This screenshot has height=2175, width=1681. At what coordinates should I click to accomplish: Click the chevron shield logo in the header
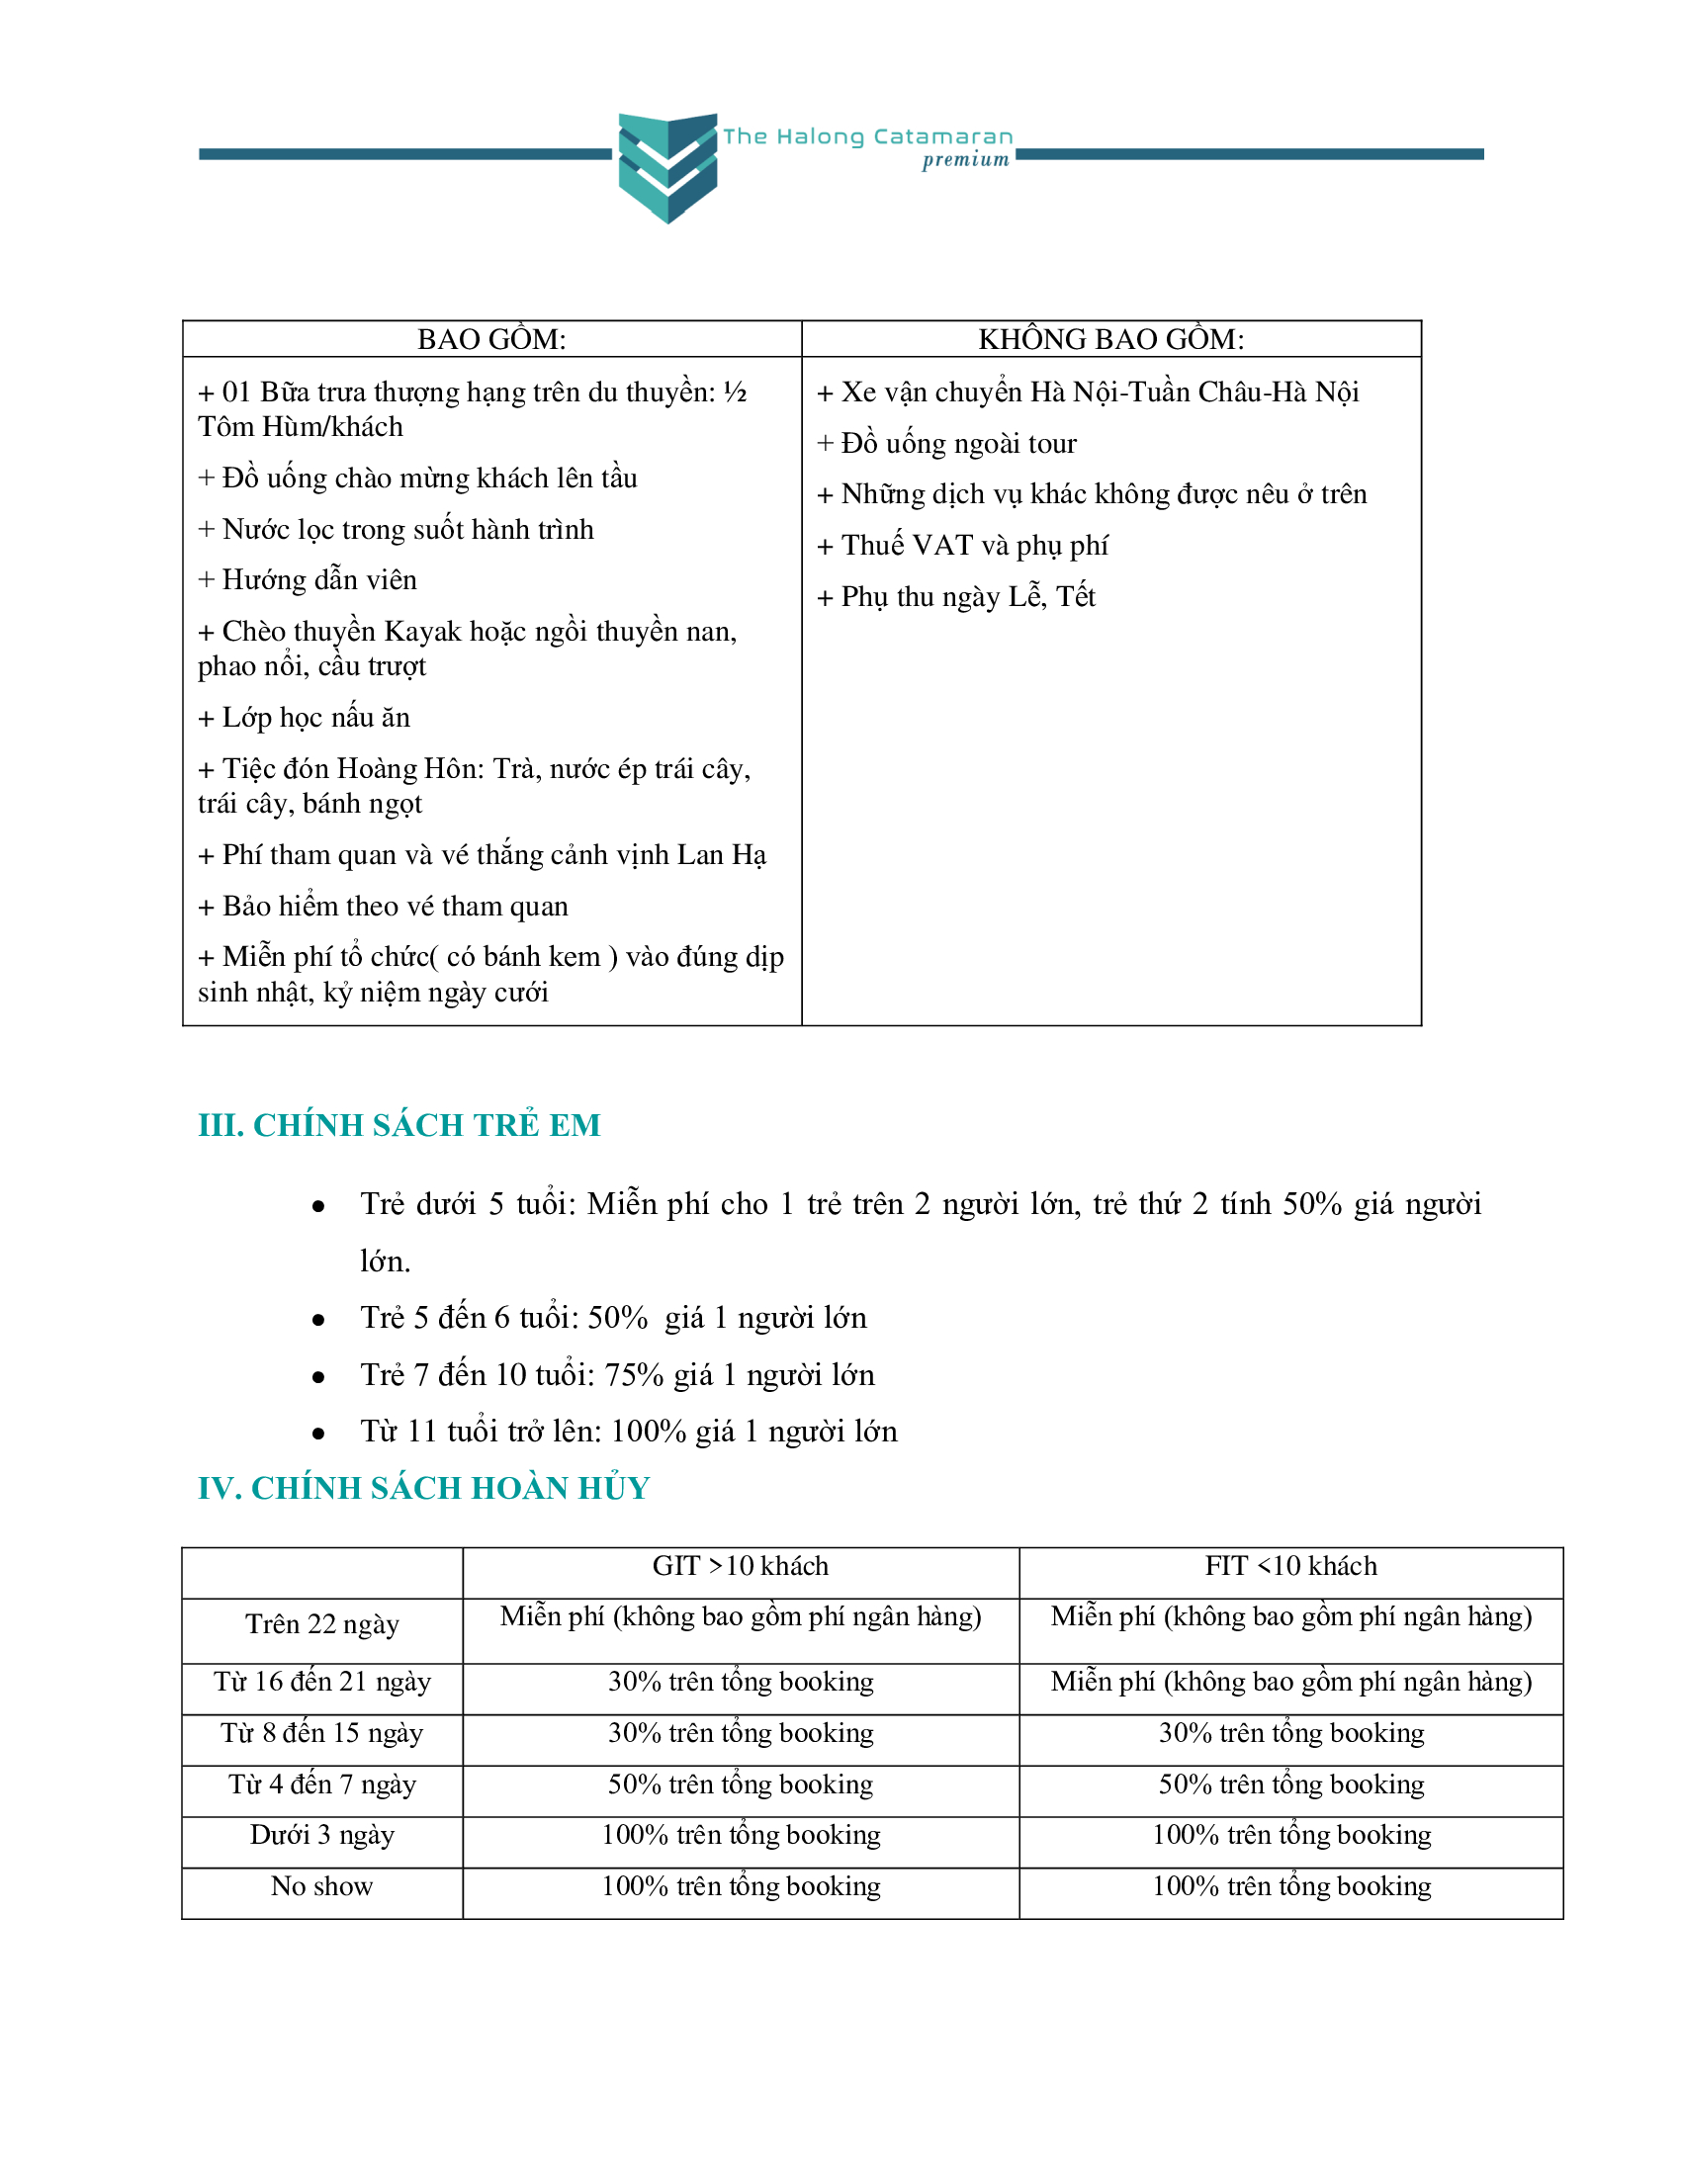(667, 167)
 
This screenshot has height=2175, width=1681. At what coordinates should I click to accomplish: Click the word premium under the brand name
(965, 160)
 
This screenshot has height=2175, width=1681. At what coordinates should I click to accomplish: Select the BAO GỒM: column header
(491, 339)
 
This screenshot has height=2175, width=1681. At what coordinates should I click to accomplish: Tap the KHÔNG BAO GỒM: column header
(1110, 339)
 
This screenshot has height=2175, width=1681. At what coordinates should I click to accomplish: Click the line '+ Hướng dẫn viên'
(308, 579)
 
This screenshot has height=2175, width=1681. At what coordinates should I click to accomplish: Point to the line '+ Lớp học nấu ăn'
(305, 717)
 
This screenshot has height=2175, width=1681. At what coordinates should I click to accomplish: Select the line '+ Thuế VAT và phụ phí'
(962, 545)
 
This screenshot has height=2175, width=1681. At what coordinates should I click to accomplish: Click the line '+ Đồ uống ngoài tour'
(947, 443)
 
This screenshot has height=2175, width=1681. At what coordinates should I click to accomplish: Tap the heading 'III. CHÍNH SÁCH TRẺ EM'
(399, 1124)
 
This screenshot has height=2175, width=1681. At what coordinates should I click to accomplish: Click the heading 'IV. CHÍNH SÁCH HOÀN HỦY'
(423, 1487)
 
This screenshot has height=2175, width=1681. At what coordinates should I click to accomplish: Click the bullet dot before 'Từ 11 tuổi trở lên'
(318, 1434)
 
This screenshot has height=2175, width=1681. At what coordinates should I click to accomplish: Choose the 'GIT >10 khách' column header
(740, 1566)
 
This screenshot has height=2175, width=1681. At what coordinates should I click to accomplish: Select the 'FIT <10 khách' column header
(1290, 1566)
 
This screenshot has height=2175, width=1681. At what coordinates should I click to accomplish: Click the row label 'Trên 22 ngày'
(321, 1624)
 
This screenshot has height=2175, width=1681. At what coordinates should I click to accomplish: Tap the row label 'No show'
(321, 1886)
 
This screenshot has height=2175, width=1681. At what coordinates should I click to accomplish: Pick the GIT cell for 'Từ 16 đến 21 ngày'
(740, 1682)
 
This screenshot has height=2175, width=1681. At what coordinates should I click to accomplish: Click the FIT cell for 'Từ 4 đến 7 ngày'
(1290, 1783)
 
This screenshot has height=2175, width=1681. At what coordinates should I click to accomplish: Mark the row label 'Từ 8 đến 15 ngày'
(321, 1733)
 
